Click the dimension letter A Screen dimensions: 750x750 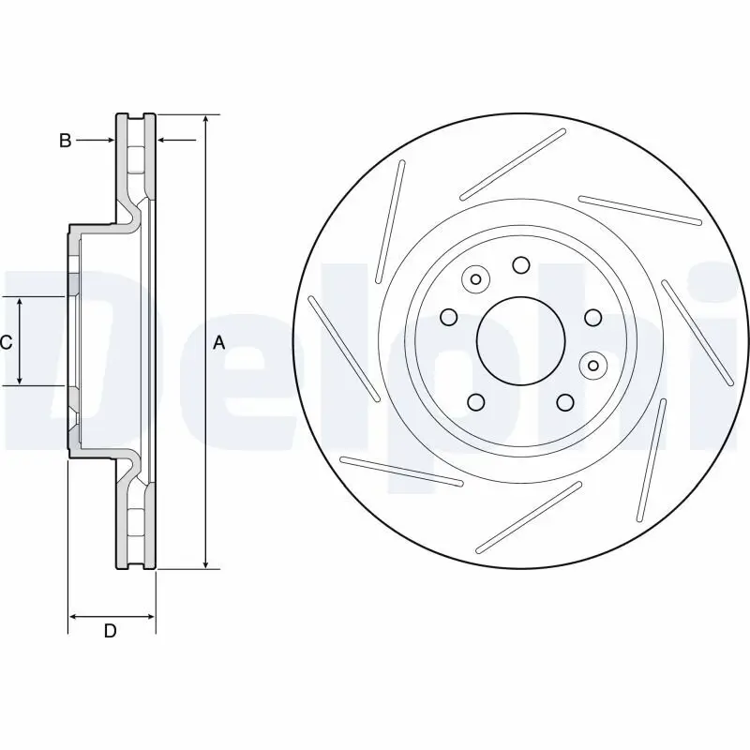point(219,343)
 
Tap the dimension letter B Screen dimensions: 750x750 point(65,141)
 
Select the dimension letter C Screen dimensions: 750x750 point(6,343)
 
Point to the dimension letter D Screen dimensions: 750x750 point(110,631)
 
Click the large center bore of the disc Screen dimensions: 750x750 point(520,340)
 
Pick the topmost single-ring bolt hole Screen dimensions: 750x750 point(520,265)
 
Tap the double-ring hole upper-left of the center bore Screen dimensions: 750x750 point(475,278)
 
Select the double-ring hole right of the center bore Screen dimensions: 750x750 point(591,363)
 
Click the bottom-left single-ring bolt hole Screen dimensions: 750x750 point(475,403)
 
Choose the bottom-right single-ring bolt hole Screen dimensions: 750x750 point(564,402)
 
